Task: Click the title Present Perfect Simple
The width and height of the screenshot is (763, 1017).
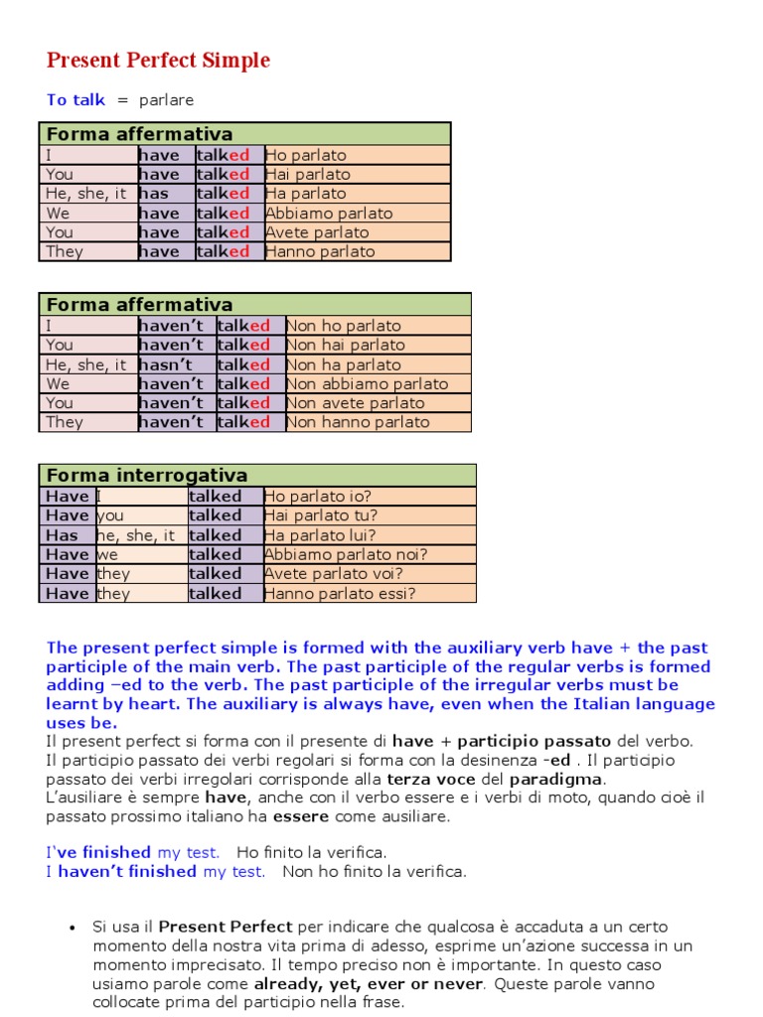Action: pos(158,61)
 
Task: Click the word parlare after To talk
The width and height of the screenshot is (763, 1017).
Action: pos(166,100)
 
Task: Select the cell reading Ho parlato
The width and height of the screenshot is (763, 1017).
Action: pos(306,155)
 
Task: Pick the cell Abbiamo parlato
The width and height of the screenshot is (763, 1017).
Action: pos(329,214)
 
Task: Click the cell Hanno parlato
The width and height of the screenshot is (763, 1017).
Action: pos(320,252)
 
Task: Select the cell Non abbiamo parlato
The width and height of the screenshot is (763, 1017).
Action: pos(368,384)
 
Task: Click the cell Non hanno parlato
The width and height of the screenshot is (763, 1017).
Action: pos(358,423)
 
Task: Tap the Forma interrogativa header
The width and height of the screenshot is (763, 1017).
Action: pos(147,476)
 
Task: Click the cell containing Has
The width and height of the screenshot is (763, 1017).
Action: pos(62,535)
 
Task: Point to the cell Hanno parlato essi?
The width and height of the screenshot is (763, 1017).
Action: pos(340,594)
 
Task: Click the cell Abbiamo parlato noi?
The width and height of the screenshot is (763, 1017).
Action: pos(345,555)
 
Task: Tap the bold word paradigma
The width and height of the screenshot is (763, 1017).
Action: pos(556,780)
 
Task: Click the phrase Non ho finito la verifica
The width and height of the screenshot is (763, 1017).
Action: pos(375,872)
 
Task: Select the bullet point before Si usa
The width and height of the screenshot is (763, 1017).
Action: pos(72,928)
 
